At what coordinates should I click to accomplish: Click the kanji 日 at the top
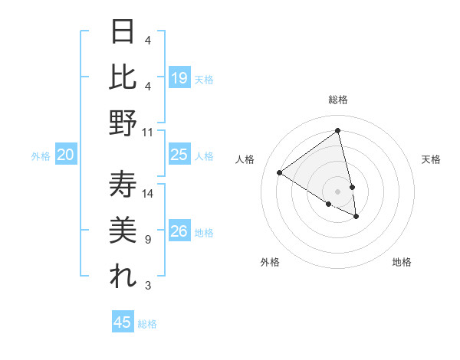[x=123, y=32]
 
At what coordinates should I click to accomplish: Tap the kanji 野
[x=123, y=123]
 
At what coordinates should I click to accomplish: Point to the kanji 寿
[x=123, y=185]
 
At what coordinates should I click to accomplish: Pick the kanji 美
[x=123, y=231]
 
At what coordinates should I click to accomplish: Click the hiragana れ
[x=123, y=277]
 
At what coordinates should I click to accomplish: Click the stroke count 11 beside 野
[x=148, y=132]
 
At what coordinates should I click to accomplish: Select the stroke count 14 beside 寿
[x=148, y=194]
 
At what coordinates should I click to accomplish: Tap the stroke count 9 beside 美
[x=147, y=240]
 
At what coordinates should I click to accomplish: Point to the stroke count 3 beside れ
[x=147, y=286]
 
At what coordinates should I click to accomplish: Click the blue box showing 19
[x=179, y=78]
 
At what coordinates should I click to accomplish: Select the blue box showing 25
[x=179, y=155]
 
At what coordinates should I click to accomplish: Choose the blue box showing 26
[x=179, y=232]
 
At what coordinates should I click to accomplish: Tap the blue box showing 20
[x=65, y=155]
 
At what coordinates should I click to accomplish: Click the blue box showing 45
[x=123, y=322]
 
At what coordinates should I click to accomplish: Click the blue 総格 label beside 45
[x=147, y=324]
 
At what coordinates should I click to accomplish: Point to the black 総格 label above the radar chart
[x=337, y=100]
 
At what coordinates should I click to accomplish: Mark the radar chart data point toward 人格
[x=279, y=173]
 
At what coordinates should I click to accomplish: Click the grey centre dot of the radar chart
[x=337, y=191]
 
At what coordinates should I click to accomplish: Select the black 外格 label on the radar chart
[x=269, y=263]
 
